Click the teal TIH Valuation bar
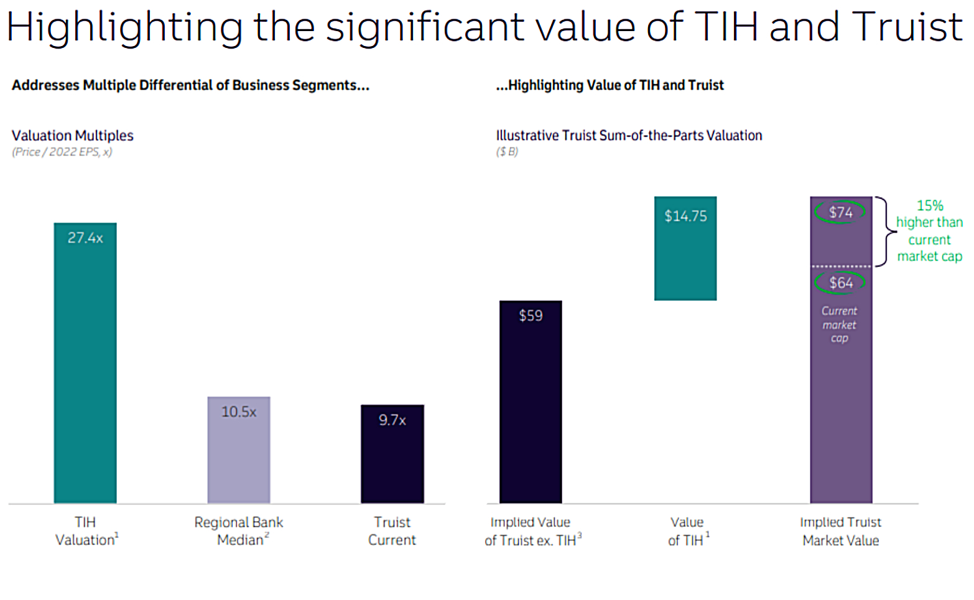85,373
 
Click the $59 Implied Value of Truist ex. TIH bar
531,410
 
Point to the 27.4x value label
85,238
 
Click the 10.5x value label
239,412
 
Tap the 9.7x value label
392,420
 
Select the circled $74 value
840,212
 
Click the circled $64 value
840,283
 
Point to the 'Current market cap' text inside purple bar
839,325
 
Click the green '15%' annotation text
930,206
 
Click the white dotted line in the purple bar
841,266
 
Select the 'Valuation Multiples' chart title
73,136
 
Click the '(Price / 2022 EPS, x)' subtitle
62,152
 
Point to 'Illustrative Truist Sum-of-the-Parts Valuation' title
629,136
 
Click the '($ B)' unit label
507,152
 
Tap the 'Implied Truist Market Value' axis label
840,531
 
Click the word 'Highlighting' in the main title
124,27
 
